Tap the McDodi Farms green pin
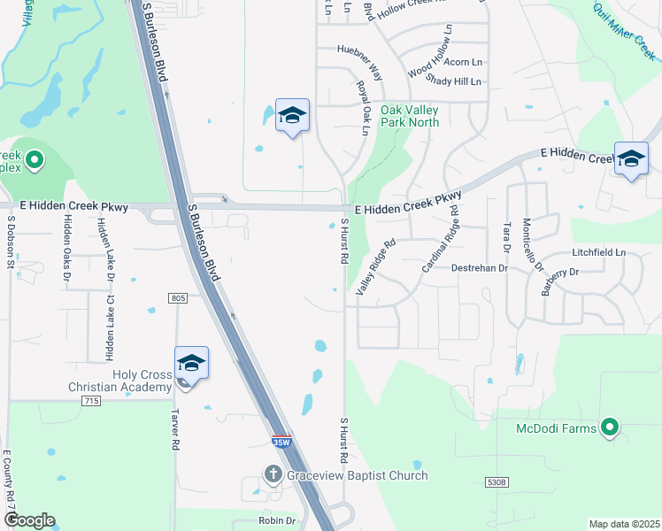point(609,429)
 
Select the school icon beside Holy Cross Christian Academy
point(191,364)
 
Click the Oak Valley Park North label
point(410,116)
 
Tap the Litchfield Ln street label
point(599,253)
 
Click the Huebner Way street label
point(358,51)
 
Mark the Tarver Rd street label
point(177,429)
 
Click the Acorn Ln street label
point(463,62)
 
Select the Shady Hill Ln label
point(453,81)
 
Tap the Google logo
point(29,520)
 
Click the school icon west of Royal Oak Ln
point(293,116)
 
